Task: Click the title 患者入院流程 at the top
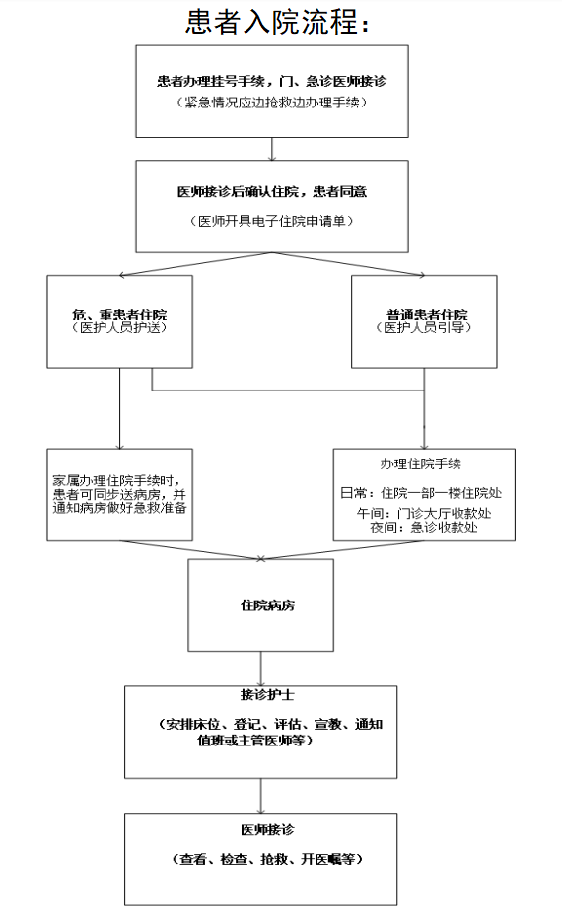[272, 23]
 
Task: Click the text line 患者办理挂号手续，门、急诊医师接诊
[271, 81]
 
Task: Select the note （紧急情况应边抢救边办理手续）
[271, 103]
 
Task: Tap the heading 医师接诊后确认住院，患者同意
[272, 192]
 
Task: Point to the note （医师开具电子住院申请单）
[271, 221]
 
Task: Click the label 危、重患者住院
[119, 314]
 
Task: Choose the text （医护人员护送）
[119, 327]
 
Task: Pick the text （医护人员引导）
[424, 327]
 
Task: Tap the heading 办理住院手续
[421, 463]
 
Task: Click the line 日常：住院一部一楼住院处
[421, 493]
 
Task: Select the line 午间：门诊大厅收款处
[424, 514]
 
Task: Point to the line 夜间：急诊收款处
[424, 527]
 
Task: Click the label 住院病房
[268, 605]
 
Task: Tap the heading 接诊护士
[267, 695]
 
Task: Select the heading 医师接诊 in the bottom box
[267, 830]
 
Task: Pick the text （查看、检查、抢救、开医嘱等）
[268, 860]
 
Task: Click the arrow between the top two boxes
[272, 149]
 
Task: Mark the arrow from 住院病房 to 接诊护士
[260, 669]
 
